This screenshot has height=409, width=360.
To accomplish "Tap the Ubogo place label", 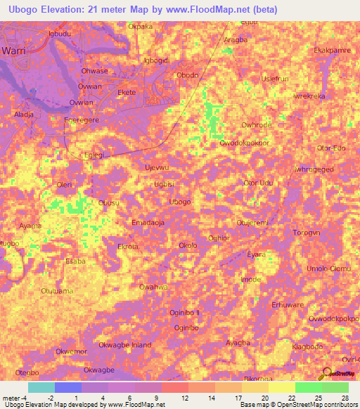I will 180,202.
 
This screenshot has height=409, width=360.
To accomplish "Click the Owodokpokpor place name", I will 245,143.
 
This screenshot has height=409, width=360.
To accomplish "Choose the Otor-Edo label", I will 331,148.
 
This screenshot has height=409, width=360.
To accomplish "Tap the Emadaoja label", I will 148,222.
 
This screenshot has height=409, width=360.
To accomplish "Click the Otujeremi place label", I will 252,223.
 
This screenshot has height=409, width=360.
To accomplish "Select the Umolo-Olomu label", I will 328,268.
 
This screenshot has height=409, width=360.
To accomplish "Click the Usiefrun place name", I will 275,79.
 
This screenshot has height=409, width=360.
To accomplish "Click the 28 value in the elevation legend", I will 345,398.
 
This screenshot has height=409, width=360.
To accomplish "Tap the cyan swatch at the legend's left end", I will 41,387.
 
